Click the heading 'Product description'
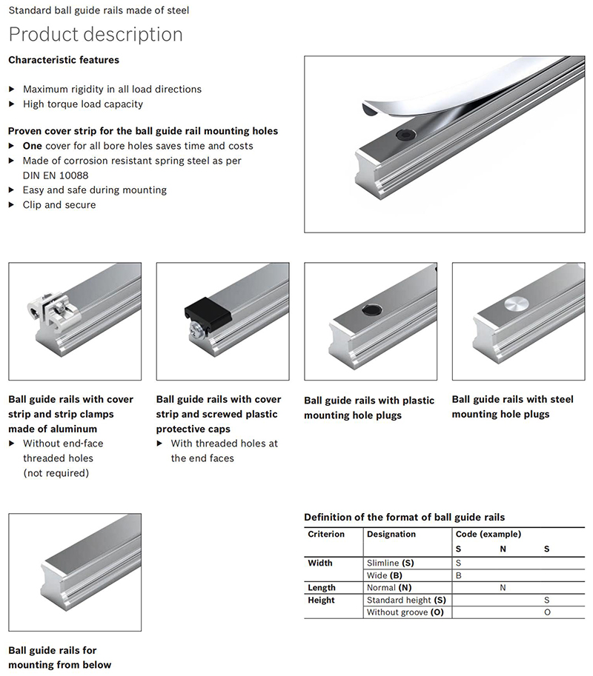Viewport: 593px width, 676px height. tap(95, 35)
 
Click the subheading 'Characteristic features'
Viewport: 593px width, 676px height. tap(63, 60)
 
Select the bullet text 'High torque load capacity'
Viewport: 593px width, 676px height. tap(83, 104)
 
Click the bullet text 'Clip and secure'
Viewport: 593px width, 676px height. tap(59, 205)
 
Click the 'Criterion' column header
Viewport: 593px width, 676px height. tap(326, 534)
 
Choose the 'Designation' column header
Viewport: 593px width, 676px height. tap(391, 534)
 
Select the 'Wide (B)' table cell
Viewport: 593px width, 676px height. tap(385, 575)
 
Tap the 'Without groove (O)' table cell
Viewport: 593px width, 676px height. tap(405, 612)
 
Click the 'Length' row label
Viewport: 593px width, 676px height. tap(322, 588)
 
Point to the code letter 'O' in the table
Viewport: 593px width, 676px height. tap(547, 612)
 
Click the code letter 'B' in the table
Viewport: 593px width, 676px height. tap(458, 575)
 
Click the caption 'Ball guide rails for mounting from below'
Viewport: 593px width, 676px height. tap(59, 657)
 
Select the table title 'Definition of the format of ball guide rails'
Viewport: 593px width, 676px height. tap(404, 517)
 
